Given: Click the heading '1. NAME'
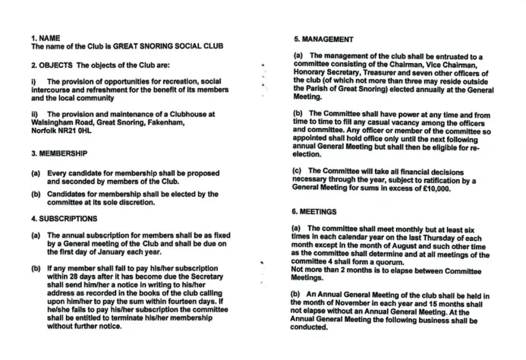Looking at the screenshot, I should pos(46,37).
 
